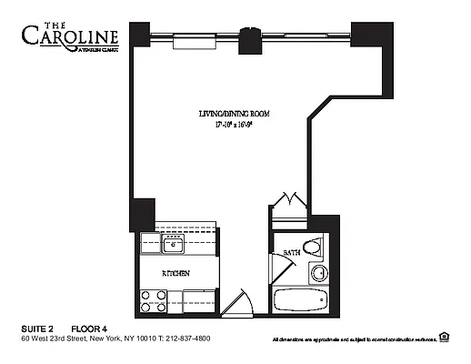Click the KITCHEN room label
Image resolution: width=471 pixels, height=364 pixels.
coord(175,273)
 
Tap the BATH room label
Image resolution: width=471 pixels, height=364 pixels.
coord(291,252)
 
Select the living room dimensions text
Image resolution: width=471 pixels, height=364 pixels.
coord(235,126)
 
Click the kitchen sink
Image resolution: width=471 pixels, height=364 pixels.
coord(173,244)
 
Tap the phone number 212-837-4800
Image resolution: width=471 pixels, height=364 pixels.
coord(185,338)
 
